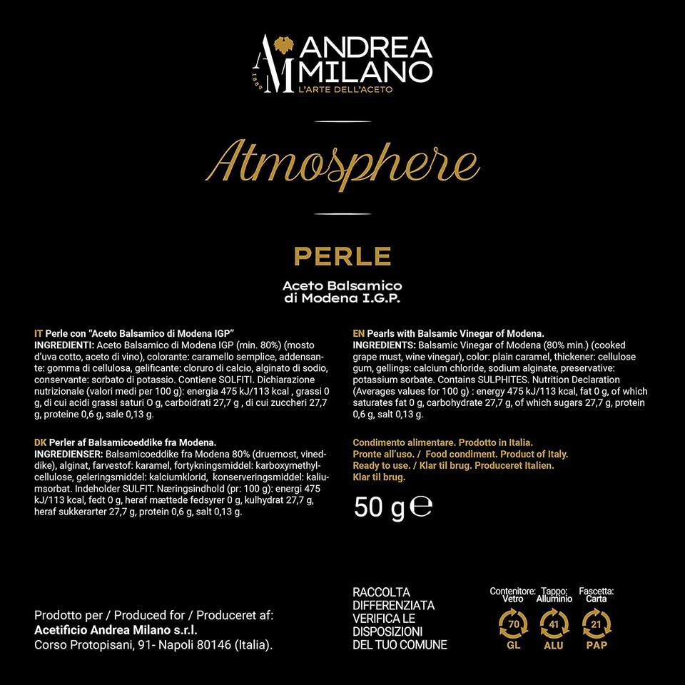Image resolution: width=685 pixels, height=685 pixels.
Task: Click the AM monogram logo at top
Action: coord(277,63)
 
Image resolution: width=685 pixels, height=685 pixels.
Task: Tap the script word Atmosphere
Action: coord(347,163)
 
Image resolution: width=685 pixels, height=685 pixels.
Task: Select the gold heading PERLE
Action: coord(342,255)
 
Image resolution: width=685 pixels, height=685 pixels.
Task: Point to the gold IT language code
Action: coord(39,333)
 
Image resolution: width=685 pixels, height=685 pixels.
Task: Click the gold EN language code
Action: coord(359,333)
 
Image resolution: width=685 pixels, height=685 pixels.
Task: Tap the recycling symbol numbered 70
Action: coord(512,625)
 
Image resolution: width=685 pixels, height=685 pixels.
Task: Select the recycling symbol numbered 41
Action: coord(554,625)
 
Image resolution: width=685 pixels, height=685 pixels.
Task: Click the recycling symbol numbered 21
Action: coord(597,625)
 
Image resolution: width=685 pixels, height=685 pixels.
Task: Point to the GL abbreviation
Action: coord(512,645)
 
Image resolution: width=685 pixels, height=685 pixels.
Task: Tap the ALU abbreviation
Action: coord(554,645)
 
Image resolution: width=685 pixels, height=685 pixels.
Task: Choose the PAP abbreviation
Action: coord(597,645)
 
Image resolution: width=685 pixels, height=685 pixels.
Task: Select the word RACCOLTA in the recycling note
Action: coord(382,592)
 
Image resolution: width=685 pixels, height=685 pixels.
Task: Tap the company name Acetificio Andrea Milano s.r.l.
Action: coord(116,630)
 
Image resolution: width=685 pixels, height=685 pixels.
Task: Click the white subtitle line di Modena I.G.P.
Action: coord(342,298)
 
